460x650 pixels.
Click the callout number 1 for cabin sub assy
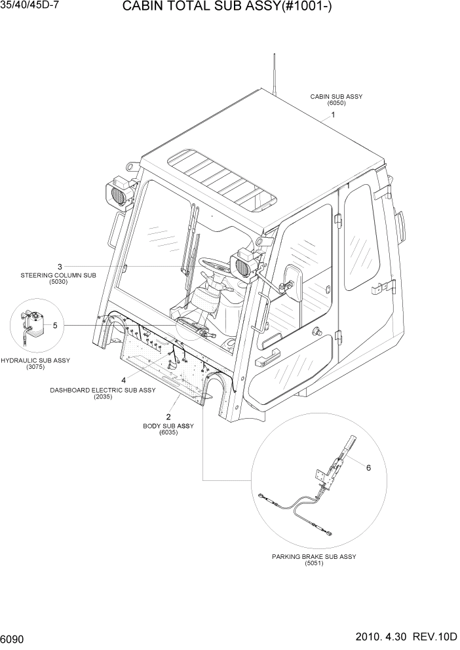[334, 115]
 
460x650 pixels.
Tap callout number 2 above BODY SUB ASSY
[168, 417]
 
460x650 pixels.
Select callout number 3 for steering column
[60, 267]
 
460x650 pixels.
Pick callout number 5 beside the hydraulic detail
[55, 325]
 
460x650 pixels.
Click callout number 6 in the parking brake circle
[368, 468]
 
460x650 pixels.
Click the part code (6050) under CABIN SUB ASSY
[336, 103]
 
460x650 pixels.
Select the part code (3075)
[35, 367]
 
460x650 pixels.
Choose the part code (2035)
[102, 396]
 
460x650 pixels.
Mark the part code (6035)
[168, 433]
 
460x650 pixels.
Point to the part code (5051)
[314, 564]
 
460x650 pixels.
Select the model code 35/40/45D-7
[27, 7]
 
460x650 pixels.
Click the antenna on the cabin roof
[273, 72]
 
